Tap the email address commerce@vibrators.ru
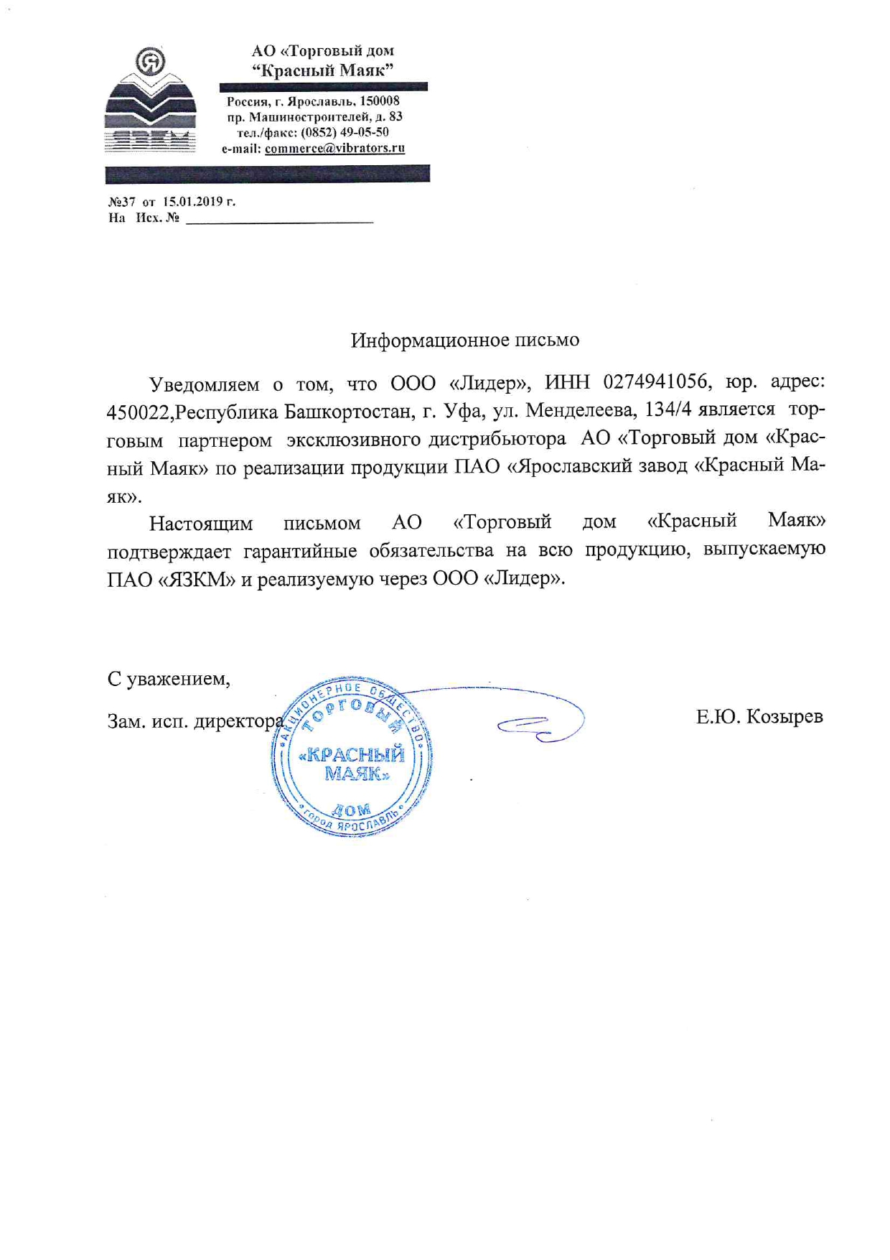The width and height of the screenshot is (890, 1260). coord(334,149)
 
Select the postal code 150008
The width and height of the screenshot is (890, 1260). coord(380,101)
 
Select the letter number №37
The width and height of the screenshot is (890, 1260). coord(121,201)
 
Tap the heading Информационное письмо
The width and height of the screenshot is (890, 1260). coord(464,340)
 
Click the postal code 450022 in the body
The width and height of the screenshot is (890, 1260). coord(138,412)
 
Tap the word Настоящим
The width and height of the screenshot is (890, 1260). coord(200,523)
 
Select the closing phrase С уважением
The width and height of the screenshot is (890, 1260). coord(169,679)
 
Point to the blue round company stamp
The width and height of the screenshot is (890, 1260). coord(352,757)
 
